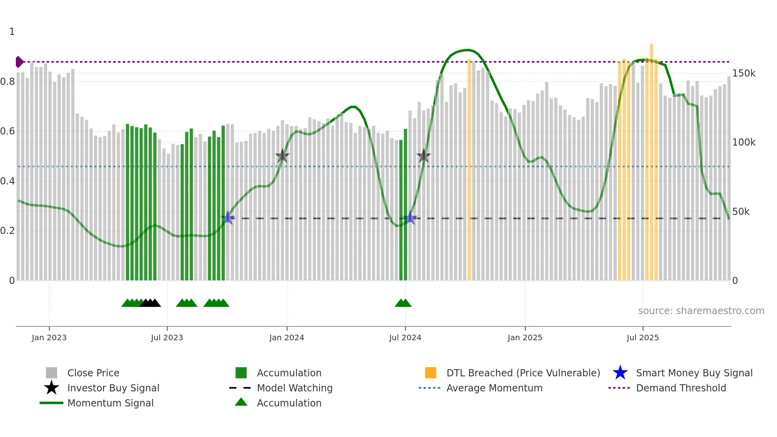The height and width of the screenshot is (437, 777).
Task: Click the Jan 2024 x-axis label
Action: [x=287, y=337]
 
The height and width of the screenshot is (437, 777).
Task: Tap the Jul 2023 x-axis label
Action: [x=167, y=337]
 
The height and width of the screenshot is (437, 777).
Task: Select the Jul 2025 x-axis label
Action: [x=643, y=337]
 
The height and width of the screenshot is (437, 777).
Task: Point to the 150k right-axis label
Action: [x=744, y=73]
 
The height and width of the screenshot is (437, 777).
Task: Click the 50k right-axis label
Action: [x=741, y=212]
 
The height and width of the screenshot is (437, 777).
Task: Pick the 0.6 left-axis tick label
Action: [x=8, y=131]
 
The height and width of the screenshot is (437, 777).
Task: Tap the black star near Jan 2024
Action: [x=282, y=156]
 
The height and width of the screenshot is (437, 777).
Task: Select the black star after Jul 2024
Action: [x=423, y=156]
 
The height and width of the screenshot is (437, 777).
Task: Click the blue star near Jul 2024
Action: [x=411, y=218]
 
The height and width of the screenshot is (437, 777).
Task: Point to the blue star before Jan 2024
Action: [x=228, y=218]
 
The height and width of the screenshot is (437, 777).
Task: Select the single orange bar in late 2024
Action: [x=469, y=171]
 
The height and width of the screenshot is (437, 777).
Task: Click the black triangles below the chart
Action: [x=150, y=303]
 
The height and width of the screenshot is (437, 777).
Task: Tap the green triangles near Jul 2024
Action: [x=403, y=303]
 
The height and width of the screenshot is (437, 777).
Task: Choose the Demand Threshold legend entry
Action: [x=681, y=388]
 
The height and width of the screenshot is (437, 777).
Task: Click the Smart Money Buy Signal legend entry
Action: [x=694, y=373]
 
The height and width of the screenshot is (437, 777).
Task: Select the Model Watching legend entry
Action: [x=294, y=388]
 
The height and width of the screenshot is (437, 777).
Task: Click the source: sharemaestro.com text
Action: [x=701, y=311]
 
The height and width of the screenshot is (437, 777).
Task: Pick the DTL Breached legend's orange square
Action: [x=431, y=373]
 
